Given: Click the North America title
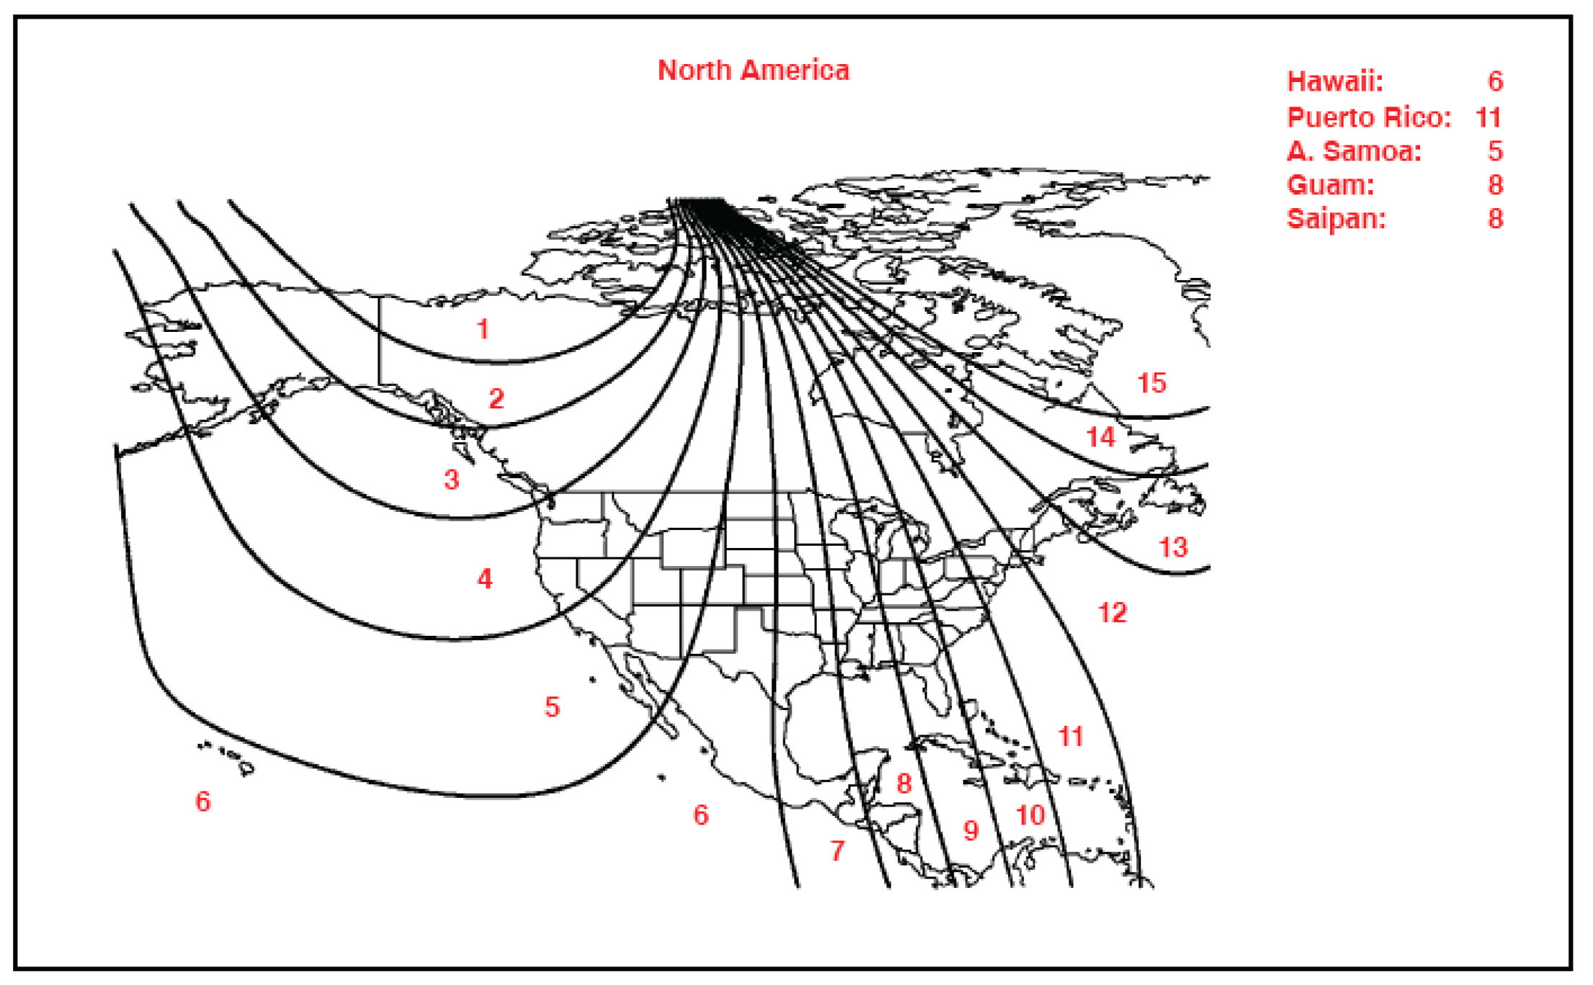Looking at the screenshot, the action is [753, 71].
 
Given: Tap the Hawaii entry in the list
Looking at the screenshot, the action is [1334, 81].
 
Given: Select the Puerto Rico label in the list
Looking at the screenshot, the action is [1368, 117].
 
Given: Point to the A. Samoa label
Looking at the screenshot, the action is [1354, 151].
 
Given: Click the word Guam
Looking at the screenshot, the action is [1330, 185].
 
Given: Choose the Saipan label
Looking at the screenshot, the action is [1336, 219].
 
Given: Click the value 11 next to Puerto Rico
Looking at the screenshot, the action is [1488, 117].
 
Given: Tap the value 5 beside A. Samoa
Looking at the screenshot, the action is [1496, 151].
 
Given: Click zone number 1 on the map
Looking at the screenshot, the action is [483, 329].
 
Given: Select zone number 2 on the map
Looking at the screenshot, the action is [496, 398].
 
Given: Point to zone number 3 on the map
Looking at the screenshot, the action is [452, 480].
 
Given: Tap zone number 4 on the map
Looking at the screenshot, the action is [485, 578].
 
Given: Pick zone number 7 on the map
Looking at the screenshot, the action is [837, 850].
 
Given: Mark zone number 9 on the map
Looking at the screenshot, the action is [971, 830].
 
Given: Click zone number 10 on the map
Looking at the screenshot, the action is [1030, 815].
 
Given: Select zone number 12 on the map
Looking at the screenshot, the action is [1112, 613].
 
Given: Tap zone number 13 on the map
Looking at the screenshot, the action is [1172, 547].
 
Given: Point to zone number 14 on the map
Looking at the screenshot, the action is [1100, 437].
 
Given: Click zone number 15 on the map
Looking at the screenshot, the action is [1152, 383].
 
